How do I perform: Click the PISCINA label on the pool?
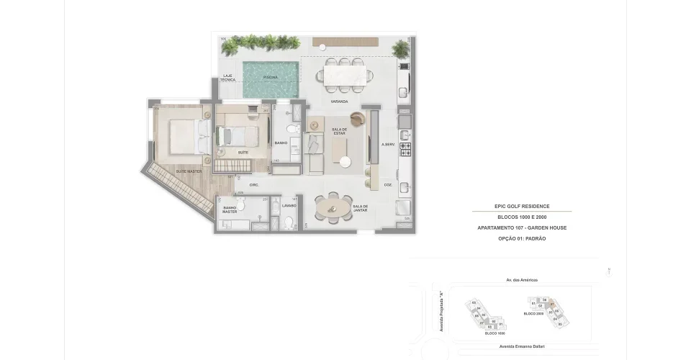pyautogui.click(x=270, y=76)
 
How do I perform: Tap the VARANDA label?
pyautogui.click(x=330, y=102)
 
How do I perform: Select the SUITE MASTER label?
pyautogui.click(x=189, y=171)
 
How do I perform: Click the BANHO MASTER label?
pyautogui.click(x=230, y=210)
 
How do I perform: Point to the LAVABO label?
pyautogui.click(x=289, y=205)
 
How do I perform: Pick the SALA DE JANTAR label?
pyautogui.click(x=361, y=209)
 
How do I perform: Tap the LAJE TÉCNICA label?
pyautogui.click(x=228, y=78)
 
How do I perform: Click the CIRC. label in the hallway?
pyautogui.click(x=254, y=185)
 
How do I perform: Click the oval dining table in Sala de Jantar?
pyautogui.click(x=332, y=209)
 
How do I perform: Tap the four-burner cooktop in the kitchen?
pyautogui.click(x=405, y=150)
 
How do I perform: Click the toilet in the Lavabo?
pyautogui.click(x=289, y=224)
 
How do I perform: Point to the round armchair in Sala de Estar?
pyautogui.click(x=356, y=120)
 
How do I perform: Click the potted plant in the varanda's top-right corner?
pyautogui.click(x=400, y=49)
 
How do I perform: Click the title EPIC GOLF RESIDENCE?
pyautogui.click(x=522, y=207)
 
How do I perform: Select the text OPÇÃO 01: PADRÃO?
pyautogui.click(x=522, y=238)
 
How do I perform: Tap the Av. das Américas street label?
pyautogui.click(x=522, y=280)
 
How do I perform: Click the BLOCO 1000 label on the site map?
pyautogui.click(x=494, y=333)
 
